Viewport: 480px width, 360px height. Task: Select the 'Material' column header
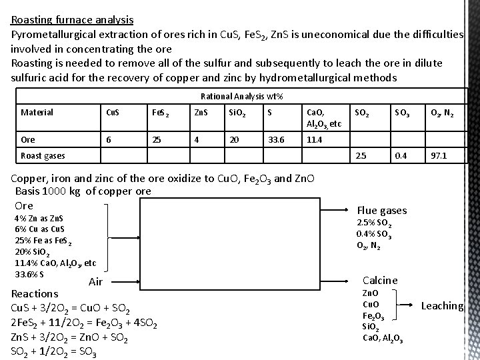[37, 112]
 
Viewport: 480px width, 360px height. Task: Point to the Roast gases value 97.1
[439, 155]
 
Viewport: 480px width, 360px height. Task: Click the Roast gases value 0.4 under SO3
[400, 155]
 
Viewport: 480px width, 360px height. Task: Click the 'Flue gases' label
[382, 211]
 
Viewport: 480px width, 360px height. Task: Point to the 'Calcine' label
[379, 281]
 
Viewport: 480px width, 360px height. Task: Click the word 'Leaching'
[442, 306]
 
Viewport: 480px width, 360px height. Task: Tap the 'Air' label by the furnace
[95, 282]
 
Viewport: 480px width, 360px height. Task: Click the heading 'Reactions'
[35, 293]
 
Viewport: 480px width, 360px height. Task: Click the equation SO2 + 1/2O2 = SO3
[54, 353]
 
